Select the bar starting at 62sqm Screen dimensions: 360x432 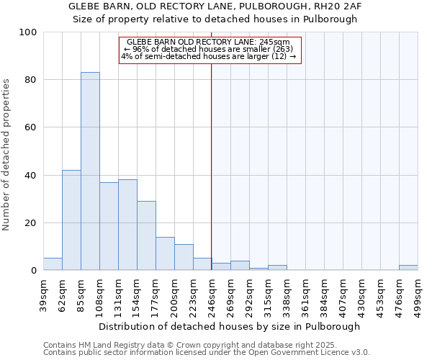point(71,220)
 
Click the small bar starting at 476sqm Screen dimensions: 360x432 point(408,268)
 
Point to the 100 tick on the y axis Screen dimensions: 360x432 point(28,32)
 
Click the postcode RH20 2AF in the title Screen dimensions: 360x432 point(338,6)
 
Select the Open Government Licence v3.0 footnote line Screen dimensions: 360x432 point(207,353)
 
